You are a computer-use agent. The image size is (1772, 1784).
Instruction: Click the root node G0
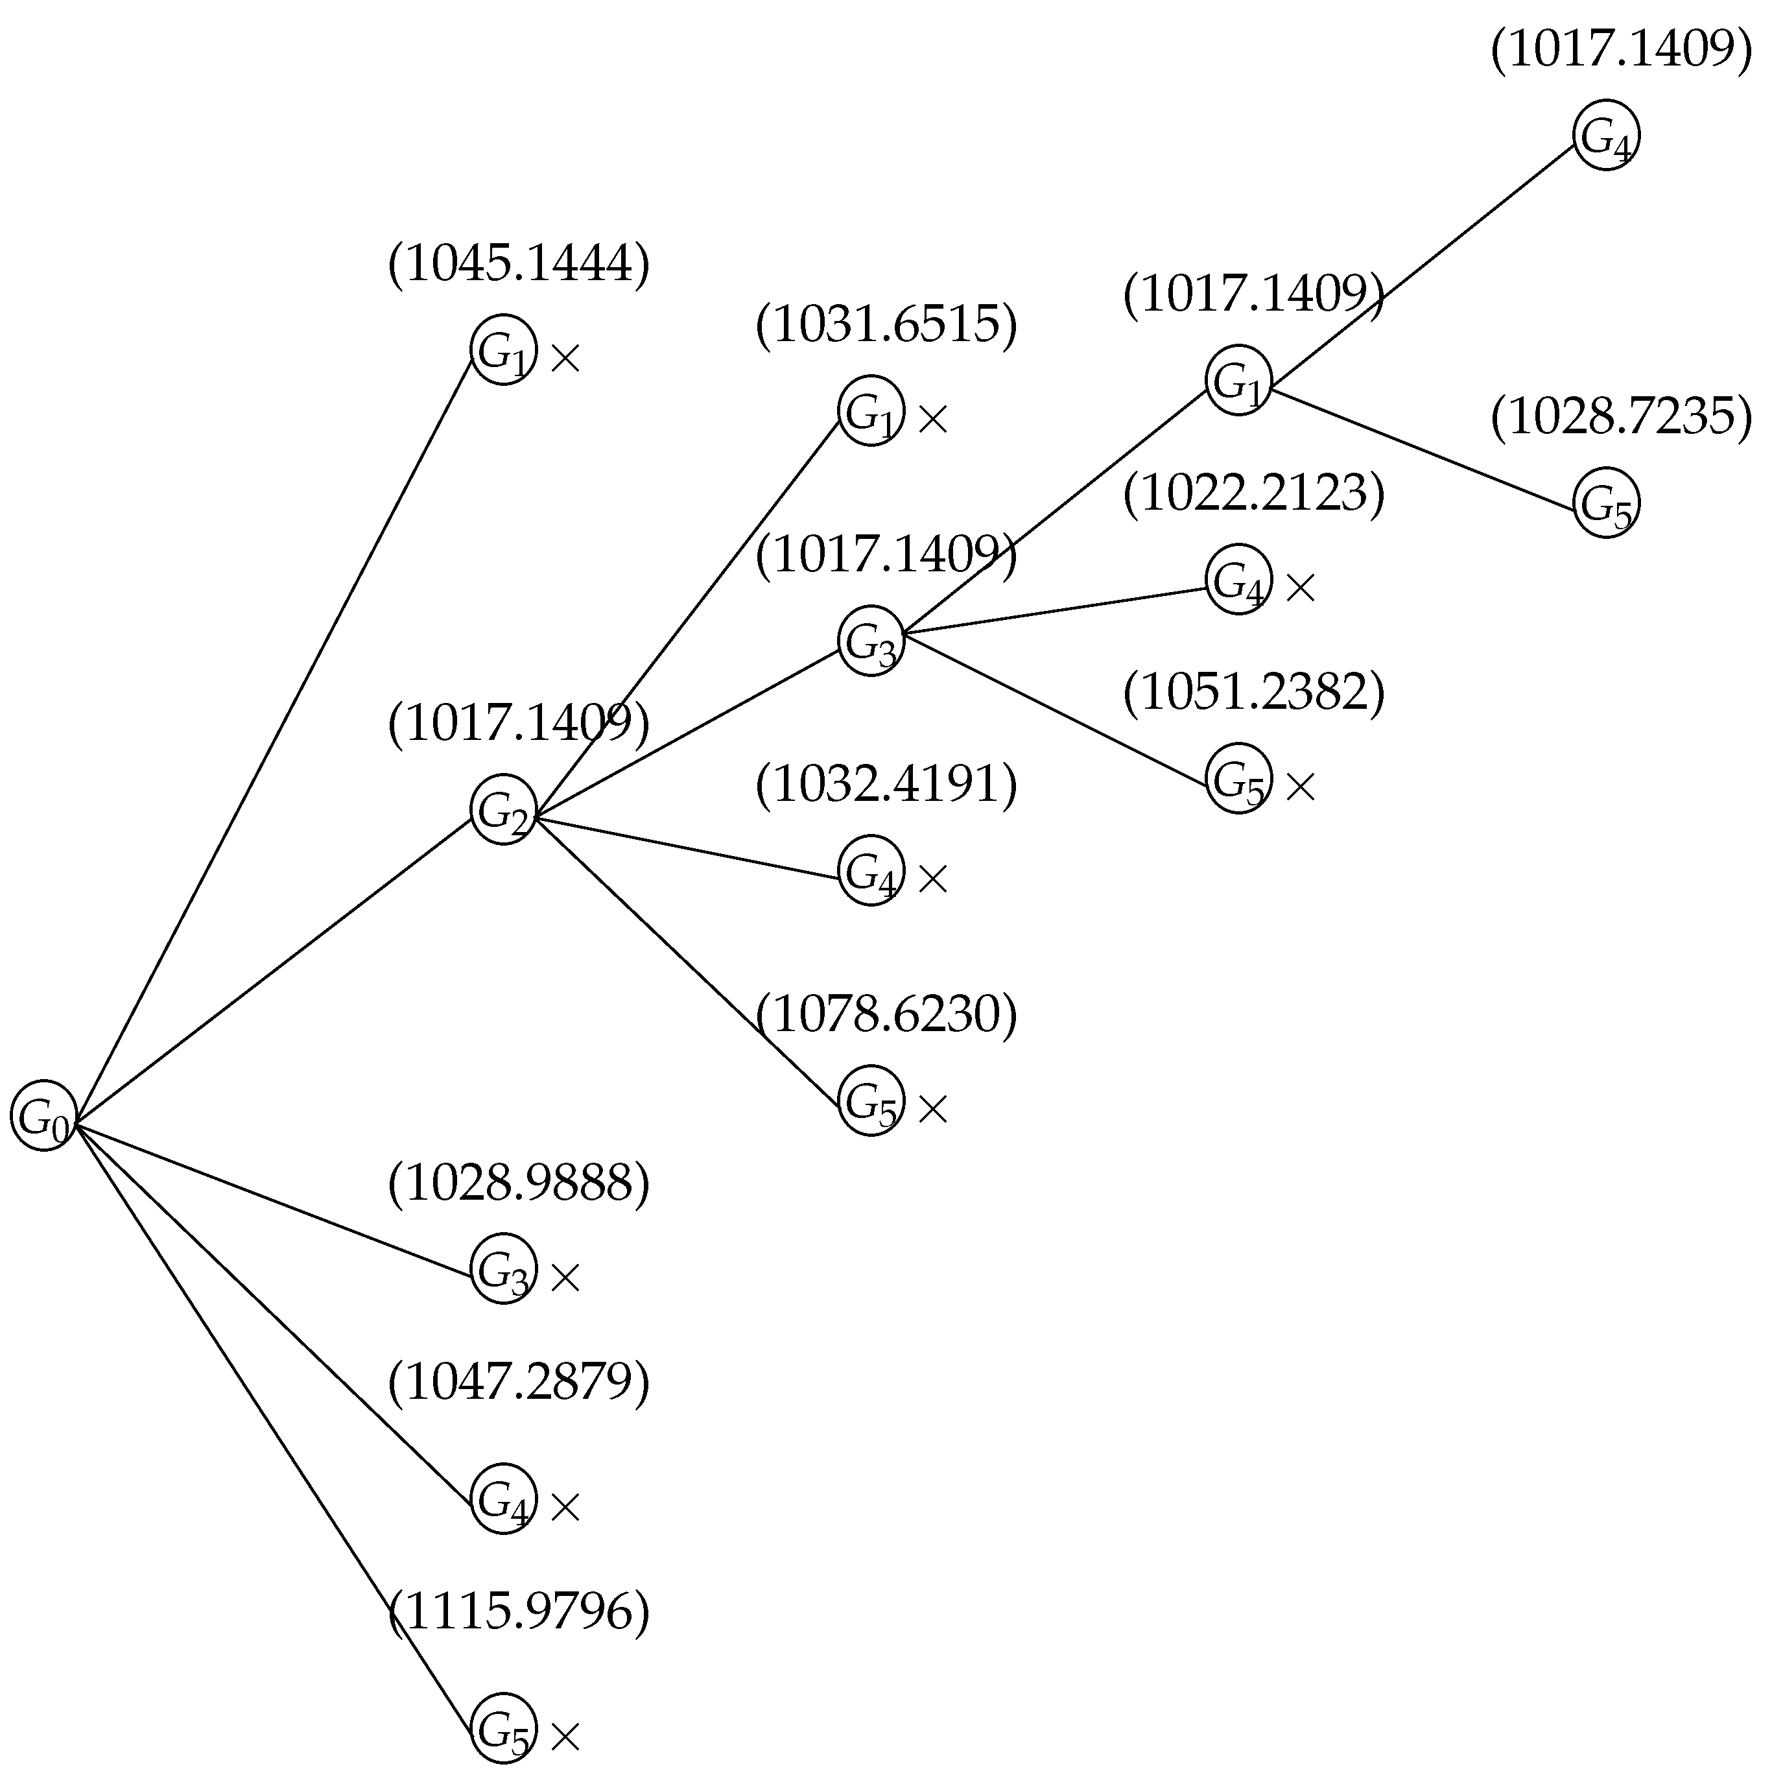(x=43, y=1115)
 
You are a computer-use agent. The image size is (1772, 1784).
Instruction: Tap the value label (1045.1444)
(x=519, y=264)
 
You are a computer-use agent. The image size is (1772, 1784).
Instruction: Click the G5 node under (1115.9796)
(x=503, y=1728)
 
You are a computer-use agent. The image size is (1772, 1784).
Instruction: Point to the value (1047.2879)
(x=519, y=1381)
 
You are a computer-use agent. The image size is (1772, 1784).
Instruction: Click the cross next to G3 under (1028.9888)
(x=564, y=1278)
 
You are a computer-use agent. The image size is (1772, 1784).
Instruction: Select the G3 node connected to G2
(x=870, y=641)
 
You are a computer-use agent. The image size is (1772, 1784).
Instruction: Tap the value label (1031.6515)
(x=886, y=325)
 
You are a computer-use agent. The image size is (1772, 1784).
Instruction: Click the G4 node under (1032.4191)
(x=870, y=870)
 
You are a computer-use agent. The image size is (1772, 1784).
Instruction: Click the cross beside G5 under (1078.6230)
(x=932, y=1109)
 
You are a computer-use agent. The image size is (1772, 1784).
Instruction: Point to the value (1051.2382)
(x=1254, y=693)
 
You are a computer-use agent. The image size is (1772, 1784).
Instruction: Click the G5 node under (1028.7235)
(x=1606, y=503)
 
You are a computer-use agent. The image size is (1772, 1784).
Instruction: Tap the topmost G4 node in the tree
(x=1606, y=135)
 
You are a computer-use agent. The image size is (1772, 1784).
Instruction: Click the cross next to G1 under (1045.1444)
(x=564, y=358)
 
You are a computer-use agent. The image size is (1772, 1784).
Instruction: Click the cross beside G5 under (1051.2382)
(x=1300, y=787)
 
